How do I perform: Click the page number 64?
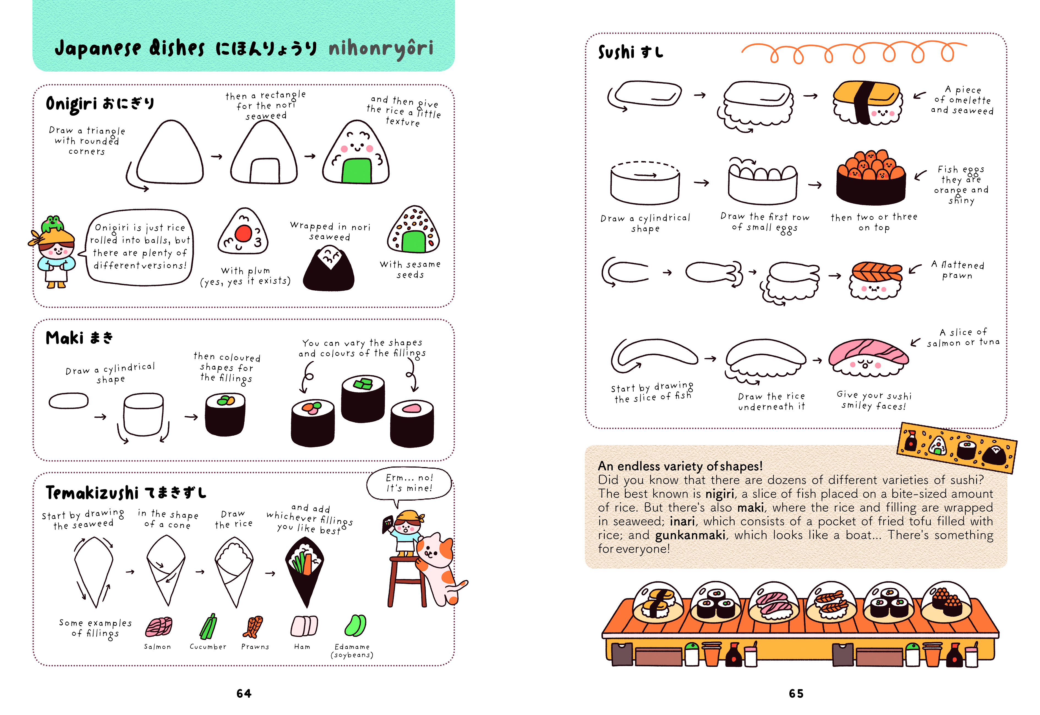[x=244, y=694]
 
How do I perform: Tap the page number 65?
[x=796, y=694]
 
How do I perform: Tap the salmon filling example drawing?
[x=158, y=627]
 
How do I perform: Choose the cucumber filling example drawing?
[x=208, y=626]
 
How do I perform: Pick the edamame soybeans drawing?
[x=356, y=625]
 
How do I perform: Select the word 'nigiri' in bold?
[x=720, y=494]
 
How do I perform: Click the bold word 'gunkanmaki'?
[x=690, y=535]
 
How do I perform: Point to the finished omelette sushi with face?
[x=867, y=103]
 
